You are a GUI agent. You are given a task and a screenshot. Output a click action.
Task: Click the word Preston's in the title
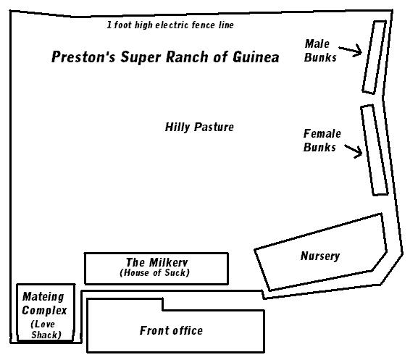coord(83,56)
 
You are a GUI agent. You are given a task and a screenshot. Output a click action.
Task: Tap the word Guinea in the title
coord(256,56)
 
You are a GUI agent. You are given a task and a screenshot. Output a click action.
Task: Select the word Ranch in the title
coord(187,56)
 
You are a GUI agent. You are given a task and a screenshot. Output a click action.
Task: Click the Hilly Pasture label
coord(199,127)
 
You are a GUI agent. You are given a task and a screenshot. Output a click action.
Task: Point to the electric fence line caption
coord(170,25)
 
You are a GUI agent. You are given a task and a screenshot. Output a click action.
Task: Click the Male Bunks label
coord(320,51)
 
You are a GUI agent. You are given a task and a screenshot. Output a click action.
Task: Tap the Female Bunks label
coord(322,141)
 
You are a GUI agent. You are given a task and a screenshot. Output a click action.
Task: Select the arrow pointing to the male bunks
coord(351,51)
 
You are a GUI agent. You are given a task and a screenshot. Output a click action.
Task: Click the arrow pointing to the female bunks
coord(354,151)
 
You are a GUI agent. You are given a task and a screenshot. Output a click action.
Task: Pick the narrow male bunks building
coord(375,57)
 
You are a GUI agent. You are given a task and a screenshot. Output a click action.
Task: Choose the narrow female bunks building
coord(375,150)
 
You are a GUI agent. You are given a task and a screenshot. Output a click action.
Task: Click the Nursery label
coord(320,256)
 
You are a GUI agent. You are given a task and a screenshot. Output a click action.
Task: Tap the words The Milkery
coord(157,262)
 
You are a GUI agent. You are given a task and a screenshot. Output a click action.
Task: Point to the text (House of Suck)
coord(154,272)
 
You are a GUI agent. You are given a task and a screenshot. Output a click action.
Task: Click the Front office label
coord(171,331)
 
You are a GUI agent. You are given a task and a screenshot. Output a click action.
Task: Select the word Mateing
coord(43,297)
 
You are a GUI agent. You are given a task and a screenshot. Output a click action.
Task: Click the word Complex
coord(44,311)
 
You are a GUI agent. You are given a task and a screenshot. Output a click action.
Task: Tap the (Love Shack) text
coord(46,330)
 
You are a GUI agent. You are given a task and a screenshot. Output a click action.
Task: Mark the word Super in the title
coord(141,57)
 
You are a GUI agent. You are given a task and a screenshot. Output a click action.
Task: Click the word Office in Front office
coord(187,331)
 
